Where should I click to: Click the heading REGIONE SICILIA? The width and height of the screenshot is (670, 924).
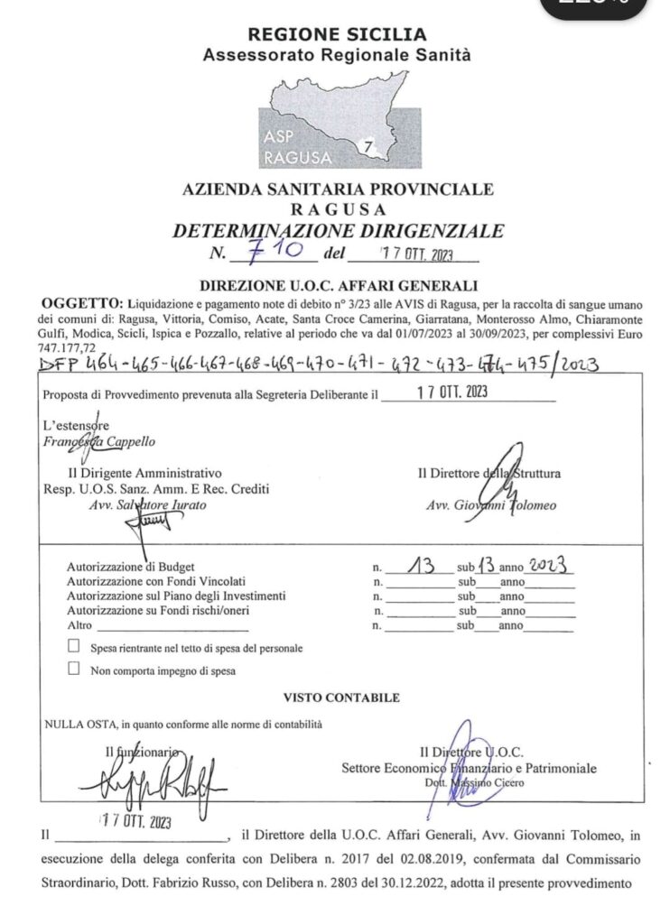coord(337,35)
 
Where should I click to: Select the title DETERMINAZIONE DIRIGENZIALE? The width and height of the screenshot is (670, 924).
coord(338,231)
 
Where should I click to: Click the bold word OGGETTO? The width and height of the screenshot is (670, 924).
coord(80,300)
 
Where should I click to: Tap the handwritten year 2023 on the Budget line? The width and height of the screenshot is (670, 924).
coord(550,566)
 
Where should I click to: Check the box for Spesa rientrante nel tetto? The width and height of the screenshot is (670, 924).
coord(74,647)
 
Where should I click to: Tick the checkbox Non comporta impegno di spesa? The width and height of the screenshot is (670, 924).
coord(74,670)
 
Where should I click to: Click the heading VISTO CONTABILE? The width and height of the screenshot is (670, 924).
coord(341,698)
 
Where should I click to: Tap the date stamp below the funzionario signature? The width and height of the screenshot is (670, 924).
coord(135,822)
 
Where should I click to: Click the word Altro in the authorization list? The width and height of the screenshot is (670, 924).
coord(80,625)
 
